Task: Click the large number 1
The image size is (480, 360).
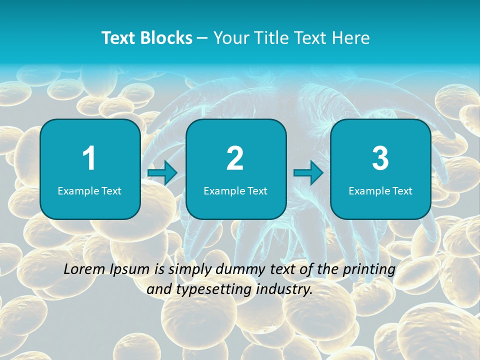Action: [89, 158]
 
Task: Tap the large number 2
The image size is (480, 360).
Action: [235, 158]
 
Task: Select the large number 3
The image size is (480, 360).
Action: [380, 158]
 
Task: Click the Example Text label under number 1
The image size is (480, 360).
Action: [89, 191]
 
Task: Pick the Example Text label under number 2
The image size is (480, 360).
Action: [235, 191]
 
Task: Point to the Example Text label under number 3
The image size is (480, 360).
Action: [380, 191]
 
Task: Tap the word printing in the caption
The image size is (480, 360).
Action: [369, 270]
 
